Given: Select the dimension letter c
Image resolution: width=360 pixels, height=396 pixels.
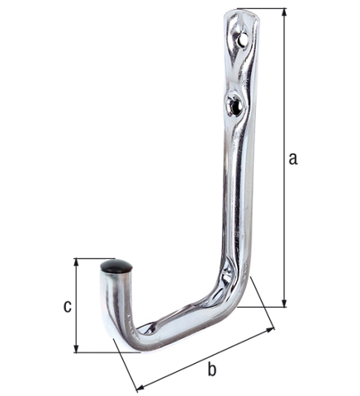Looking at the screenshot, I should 67,306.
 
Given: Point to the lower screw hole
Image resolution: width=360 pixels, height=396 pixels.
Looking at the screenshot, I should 235,104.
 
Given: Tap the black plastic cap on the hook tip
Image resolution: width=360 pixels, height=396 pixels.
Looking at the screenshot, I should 116,266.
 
